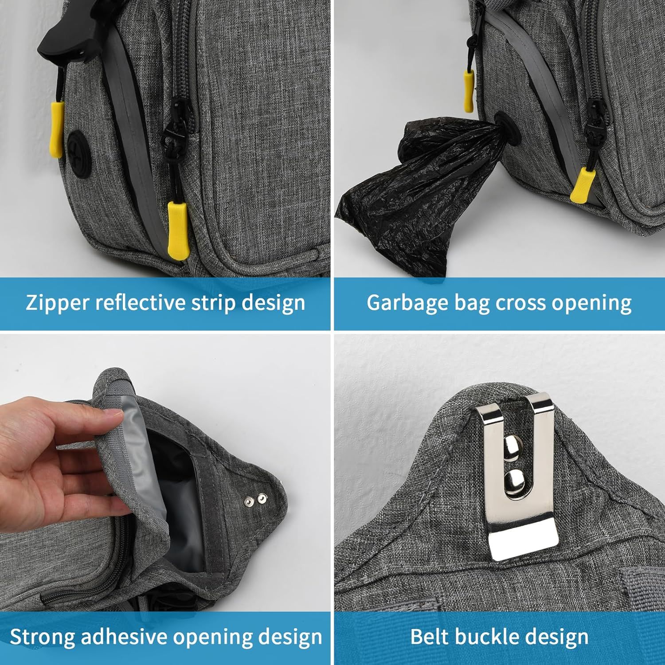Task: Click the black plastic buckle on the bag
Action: [x=69, y=33]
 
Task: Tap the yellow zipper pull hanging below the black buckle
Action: [x=56, y=129]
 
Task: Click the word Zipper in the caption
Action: [x=58, y=303]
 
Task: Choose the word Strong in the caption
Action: [x=42, y=638]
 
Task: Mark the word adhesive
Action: [x=124, y=637]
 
